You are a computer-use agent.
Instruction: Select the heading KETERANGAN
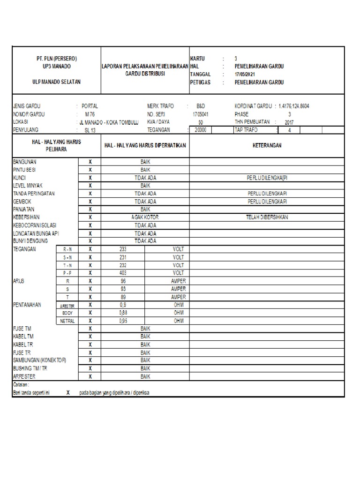(267, 146)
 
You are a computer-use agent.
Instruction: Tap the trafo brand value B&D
(200, 106)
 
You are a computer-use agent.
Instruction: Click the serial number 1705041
(200, 114)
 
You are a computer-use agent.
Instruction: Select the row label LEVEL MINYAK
(29, 185)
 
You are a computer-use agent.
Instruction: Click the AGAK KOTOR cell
(145, 217)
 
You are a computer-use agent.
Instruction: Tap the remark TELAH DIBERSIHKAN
(267, 217)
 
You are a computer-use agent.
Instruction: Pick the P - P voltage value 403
(123, 273)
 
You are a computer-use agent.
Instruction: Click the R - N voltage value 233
(123, 249)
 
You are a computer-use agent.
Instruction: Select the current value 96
(123, 281)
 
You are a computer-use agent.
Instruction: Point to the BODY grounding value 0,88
(123, 313)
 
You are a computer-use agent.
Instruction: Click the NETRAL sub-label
(67, 321)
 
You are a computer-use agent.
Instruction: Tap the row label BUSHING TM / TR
(32, 369)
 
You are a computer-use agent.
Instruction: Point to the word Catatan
(21, 384)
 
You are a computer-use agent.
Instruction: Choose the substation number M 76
(90, 114)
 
